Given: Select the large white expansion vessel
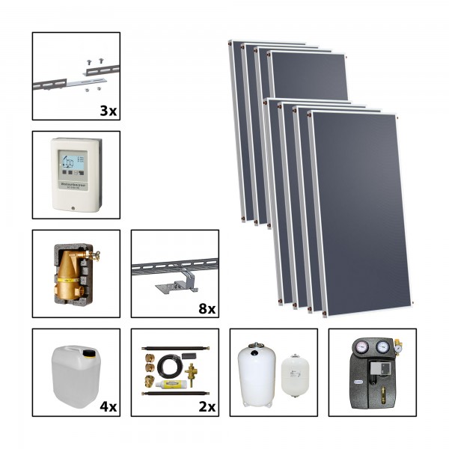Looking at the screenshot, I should pyautogui.click(x=256, y=370).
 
